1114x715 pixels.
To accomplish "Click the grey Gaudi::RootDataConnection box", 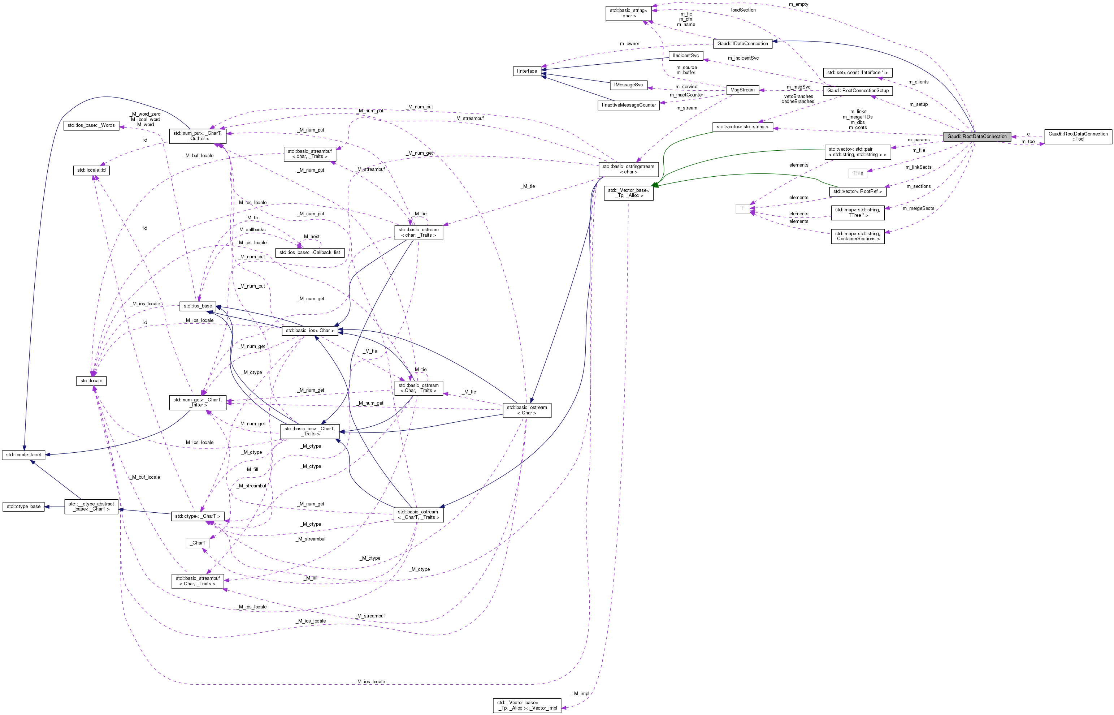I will click(x=977, y=137).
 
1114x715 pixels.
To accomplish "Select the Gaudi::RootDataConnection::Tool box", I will click(x=1078, y=137).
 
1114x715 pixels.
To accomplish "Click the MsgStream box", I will click(x=742, y=90).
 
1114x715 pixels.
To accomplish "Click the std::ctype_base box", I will click(x=24, y=507).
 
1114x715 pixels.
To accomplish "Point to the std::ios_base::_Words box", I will click(x=91, y=125).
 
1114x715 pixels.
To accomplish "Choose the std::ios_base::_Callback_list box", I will click(x=309, y=253).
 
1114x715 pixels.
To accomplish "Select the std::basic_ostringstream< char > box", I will click(x=628, y=169).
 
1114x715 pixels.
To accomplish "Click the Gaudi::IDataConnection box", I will click(x=742, y=44).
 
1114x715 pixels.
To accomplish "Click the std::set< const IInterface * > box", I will click(x=857, y=73).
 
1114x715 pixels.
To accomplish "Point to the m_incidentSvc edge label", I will click(x=743, y=58).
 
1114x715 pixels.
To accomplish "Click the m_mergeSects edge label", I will click(x=918, y=208).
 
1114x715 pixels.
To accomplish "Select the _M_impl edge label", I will click(x=581, y=694).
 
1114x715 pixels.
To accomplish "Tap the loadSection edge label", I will click(x=743, y=10).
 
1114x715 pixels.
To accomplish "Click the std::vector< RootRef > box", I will click(x=857, y=191).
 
